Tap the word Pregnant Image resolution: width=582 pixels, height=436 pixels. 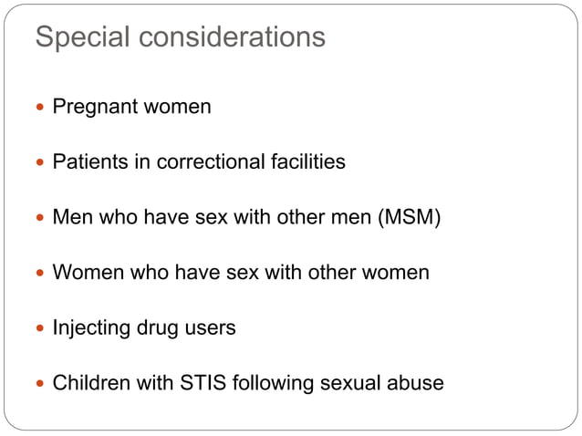tap(92, 108)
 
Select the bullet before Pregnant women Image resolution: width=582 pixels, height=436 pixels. tap(41, 108)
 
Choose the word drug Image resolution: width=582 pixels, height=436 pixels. tap(160, 328)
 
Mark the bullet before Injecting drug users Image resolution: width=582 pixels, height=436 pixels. tap(41, 328)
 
